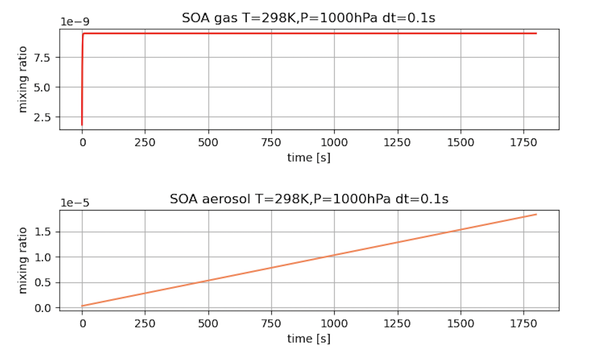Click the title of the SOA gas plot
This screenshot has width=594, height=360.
pos(309,19)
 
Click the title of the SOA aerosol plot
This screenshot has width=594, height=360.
pos(309,199)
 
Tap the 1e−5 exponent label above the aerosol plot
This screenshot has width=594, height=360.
pos(74,203)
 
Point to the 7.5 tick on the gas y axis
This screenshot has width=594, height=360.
pos(46,57)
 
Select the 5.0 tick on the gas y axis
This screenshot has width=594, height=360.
pos(46,87)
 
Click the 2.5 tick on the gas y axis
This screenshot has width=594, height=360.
pos(46,117)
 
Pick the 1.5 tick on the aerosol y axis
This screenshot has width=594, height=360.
pos(46,232)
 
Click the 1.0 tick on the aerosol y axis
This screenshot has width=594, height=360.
pos(46,257)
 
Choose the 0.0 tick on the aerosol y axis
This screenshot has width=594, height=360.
pos(46,308)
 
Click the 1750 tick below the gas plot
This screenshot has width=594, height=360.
pos(524,142)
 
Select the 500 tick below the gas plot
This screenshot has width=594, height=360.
pos(208,142)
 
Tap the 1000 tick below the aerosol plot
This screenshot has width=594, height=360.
pos(334,324)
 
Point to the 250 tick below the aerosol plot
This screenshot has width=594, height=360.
pos(145,324)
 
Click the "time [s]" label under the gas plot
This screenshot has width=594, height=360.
pos(309,157)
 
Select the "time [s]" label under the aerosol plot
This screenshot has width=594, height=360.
pos(309,339)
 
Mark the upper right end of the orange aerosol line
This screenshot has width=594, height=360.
pos(536,214)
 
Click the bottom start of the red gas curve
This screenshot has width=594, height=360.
pos(82,125)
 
